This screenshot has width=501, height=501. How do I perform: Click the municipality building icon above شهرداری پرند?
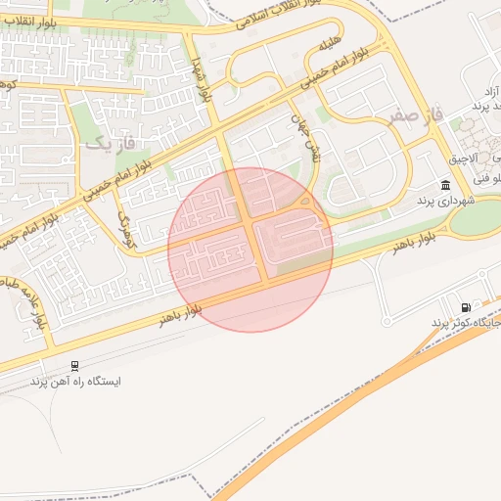point(446,185)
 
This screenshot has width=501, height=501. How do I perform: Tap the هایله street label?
point(327,46)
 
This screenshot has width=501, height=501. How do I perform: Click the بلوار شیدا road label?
point(203,78)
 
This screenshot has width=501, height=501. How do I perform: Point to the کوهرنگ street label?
point(123,220)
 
